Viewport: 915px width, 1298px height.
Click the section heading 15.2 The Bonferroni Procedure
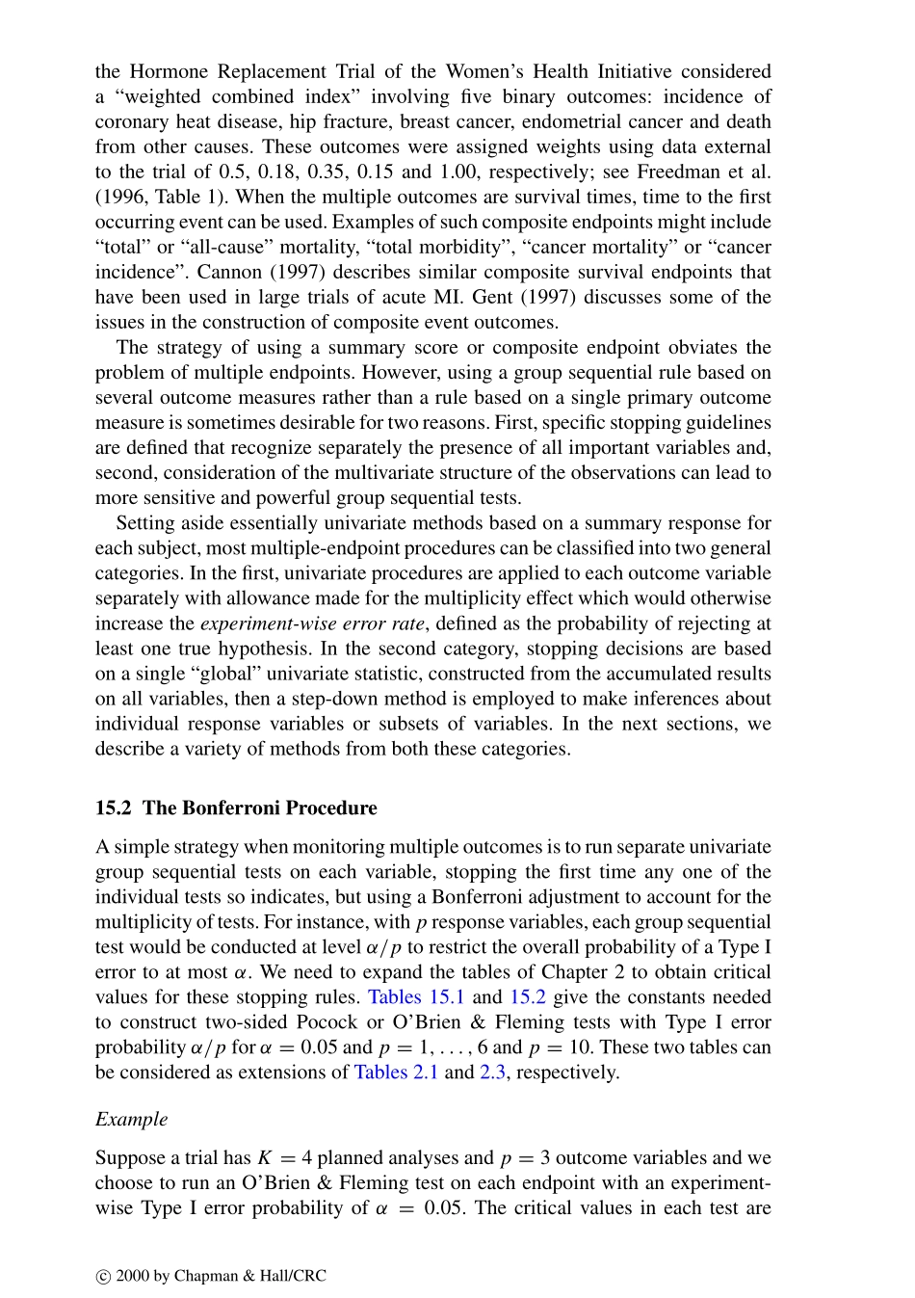coord(236,808)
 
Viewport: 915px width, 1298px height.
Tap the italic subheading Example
coord(131,1119)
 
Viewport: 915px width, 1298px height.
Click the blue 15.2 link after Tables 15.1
coord(528,996)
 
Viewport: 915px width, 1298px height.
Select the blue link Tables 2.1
coord(396,1072)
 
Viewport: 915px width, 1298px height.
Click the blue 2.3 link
coord(492,1072)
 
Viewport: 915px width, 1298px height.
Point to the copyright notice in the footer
coord(211,1276)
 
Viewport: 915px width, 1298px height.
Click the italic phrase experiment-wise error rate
coord(312,623)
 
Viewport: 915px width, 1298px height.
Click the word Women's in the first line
coord(483,71)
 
